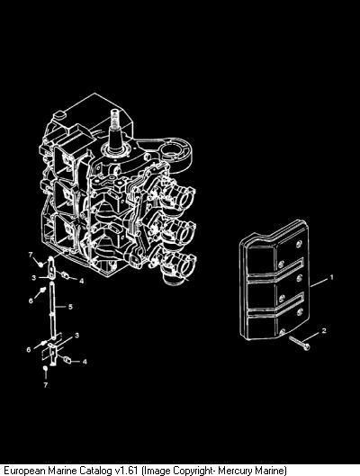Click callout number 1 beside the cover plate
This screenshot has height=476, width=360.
[331, 277]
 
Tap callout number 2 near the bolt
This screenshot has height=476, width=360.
[324, 330]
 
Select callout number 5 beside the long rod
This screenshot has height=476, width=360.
[70, 307]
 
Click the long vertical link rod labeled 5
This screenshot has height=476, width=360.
[52, 310]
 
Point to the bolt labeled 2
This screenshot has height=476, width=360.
[299, 343]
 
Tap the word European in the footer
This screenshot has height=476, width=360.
[22, 471]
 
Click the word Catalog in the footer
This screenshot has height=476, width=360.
[95, 471]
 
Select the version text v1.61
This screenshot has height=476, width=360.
[126, 471]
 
